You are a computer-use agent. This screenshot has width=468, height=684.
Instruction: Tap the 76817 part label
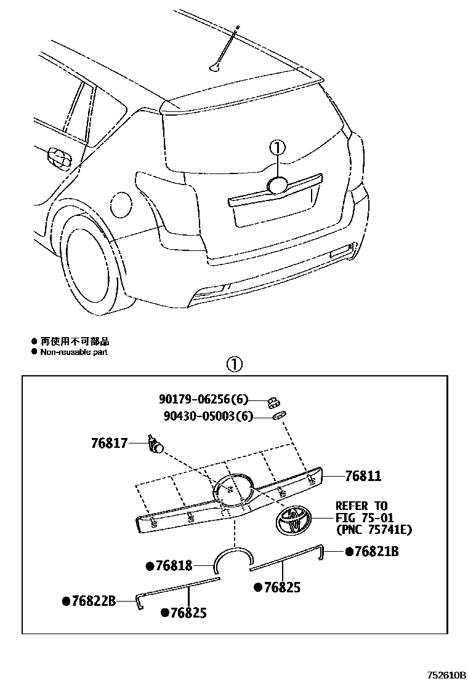(109, 442)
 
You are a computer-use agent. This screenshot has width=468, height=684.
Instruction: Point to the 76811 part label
(363, 476)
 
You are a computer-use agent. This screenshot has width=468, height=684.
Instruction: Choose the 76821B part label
(376, 552)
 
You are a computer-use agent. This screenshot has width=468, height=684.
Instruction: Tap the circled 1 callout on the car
(278, 148)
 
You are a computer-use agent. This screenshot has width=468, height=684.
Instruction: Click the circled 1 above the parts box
(235, 364)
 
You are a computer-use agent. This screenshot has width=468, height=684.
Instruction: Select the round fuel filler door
(119, 204)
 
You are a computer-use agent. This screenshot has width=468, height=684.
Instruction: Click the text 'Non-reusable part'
(74, 352)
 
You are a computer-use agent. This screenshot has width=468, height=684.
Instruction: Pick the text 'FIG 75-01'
(365, 517)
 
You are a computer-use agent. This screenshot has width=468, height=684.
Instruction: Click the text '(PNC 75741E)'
(374, 529)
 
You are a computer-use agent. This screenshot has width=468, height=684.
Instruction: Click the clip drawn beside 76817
(156, 444)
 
